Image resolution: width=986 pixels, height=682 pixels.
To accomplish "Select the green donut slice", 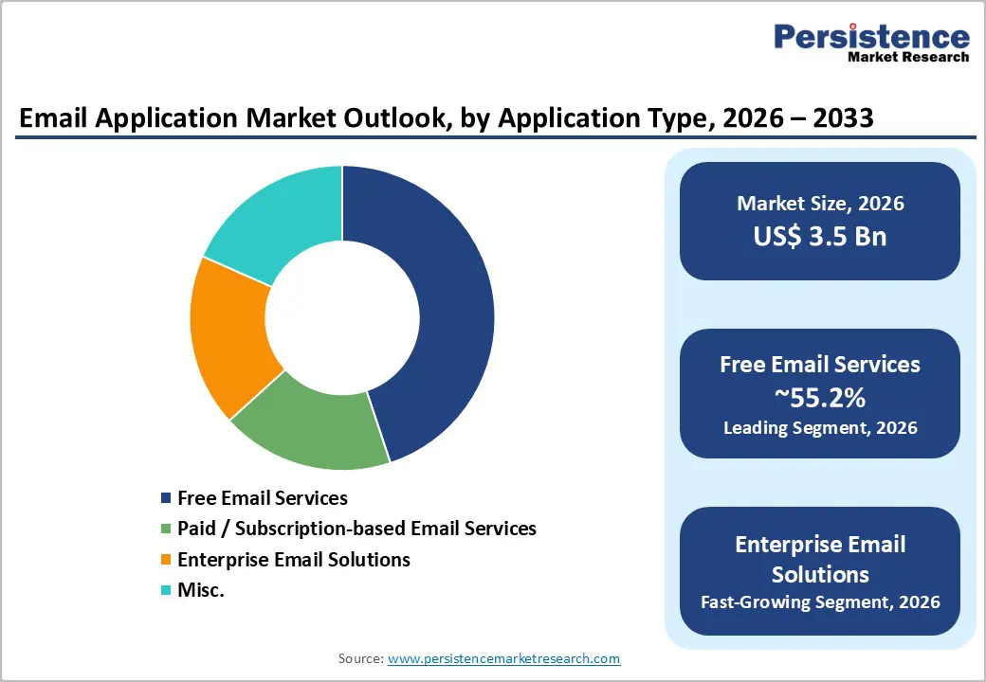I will pyautogui.click(x=308, y=426).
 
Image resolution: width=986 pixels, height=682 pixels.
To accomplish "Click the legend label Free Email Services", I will pyautogui.click(x=263, y=497).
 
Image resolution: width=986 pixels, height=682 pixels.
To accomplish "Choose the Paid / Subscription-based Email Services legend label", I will pyautogui.click(x=356, y=529).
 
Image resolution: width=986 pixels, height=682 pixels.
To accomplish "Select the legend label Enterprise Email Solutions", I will pyautogui.click(x=294, y=560).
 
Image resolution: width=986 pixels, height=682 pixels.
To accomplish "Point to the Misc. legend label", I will pyautogui.click(x=201, y=590).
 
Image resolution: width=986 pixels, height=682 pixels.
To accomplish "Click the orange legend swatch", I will pyautogui.click(x=167, y=560).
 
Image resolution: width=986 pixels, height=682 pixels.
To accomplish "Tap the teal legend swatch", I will pyautogui.click(x=167, y=590).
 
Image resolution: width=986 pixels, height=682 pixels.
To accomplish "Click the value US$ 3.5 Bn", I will pyautogui.click(x=820, y=236).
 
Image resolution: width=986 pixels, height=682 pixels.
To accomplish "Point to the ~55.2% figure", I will pyautogui.click(x=820, y=396).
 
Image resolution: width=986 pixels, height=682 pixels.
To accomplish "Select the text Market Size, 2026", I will pyautogui.click(x=820, y=204).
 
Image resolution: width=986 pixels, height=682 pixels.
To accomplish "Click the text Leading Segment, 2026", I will pyautogui.click(x=820, y=428).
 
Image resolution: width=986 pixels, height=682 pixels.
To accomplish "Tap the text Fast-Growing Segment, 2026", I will pyautogui.click(x=820, y=601).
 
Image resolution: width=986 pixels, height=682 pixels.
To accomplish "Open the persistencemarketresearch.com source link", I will pyautogui.click(x=503, y=658).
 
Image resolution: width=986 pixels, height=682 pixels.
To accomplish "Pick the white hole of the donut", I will pyautogui.click(x=341, y=318).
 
